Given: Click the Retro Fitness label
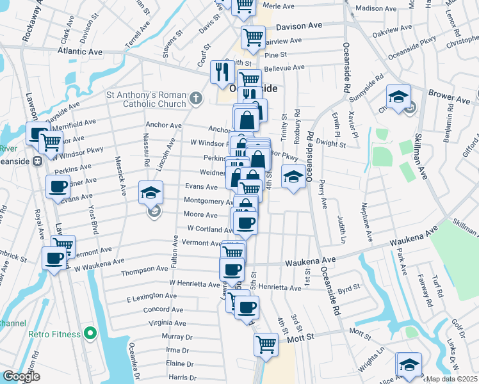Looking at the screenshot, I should coord(54,334).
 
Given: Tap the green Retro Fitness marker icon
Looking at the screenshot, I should coord(90,333).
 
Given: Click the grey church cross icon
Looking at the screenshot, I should coord(195,99).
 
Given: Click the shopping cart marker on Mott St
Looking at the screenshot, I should coord(266,344).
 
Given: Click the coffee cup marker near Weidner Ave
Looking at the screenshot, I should coord(58,187).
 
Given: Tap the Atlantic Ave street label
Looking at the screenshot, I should coord(79,51).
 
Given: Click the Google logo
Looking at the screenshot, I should coord(20,376).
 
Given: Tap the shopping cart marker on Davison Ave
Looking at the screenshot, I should coord(253,36).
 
